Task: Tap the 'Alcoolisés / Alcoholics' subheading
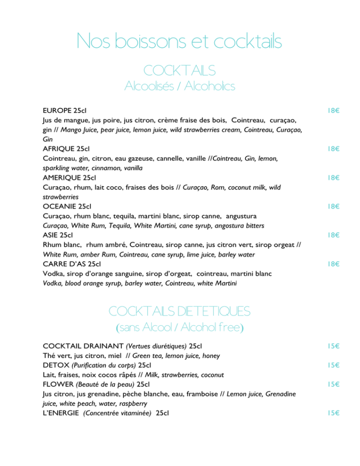tap(180, 86)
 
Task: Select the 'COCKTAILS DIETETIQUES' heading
tap(180, 311)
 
